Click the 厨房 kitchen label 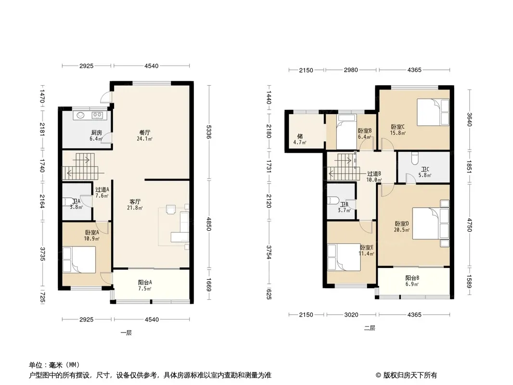pyautogui.click(x=96, y=133)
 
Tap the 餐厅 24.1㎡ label pyautogui.click(x=144, y=135)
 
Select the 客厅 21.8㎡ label pyautogui.click(x=135, y=205)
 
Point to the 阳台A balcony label pyautogui.click(x=144, y=282)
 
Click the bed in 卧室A pyautogui.click(x=79, y=260)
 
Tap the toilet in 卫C pyautogui.click(x=414, y=159)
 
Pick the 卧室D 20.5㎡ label pyautogui.click(x=402, y=226)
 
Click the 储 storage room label pyautogui.click(x=300, y=136)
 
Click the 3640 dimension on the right pyautogui.click(x=469, y=119)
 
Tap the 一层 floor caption pyautogui.click(x=126, y=333)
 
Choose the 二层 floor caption pyautogui.click(x=370, y=328)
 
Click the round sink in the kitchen pyautogui.click(x=80, y=115)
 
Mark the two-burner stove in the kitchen pyautogui.click(x=97, y=115)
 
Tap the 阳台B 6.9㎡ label pyautogui.click(x=412, y=281)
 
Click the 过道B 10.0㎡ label pyautogui.click(x=373, y=177)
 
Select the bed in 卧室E pyautogui.click(x=344, y=257)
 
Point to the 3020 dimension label pyautogui.click(x=351, y=315)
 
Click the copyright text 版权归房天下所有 pyautogui.click(x=410, y=375)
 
